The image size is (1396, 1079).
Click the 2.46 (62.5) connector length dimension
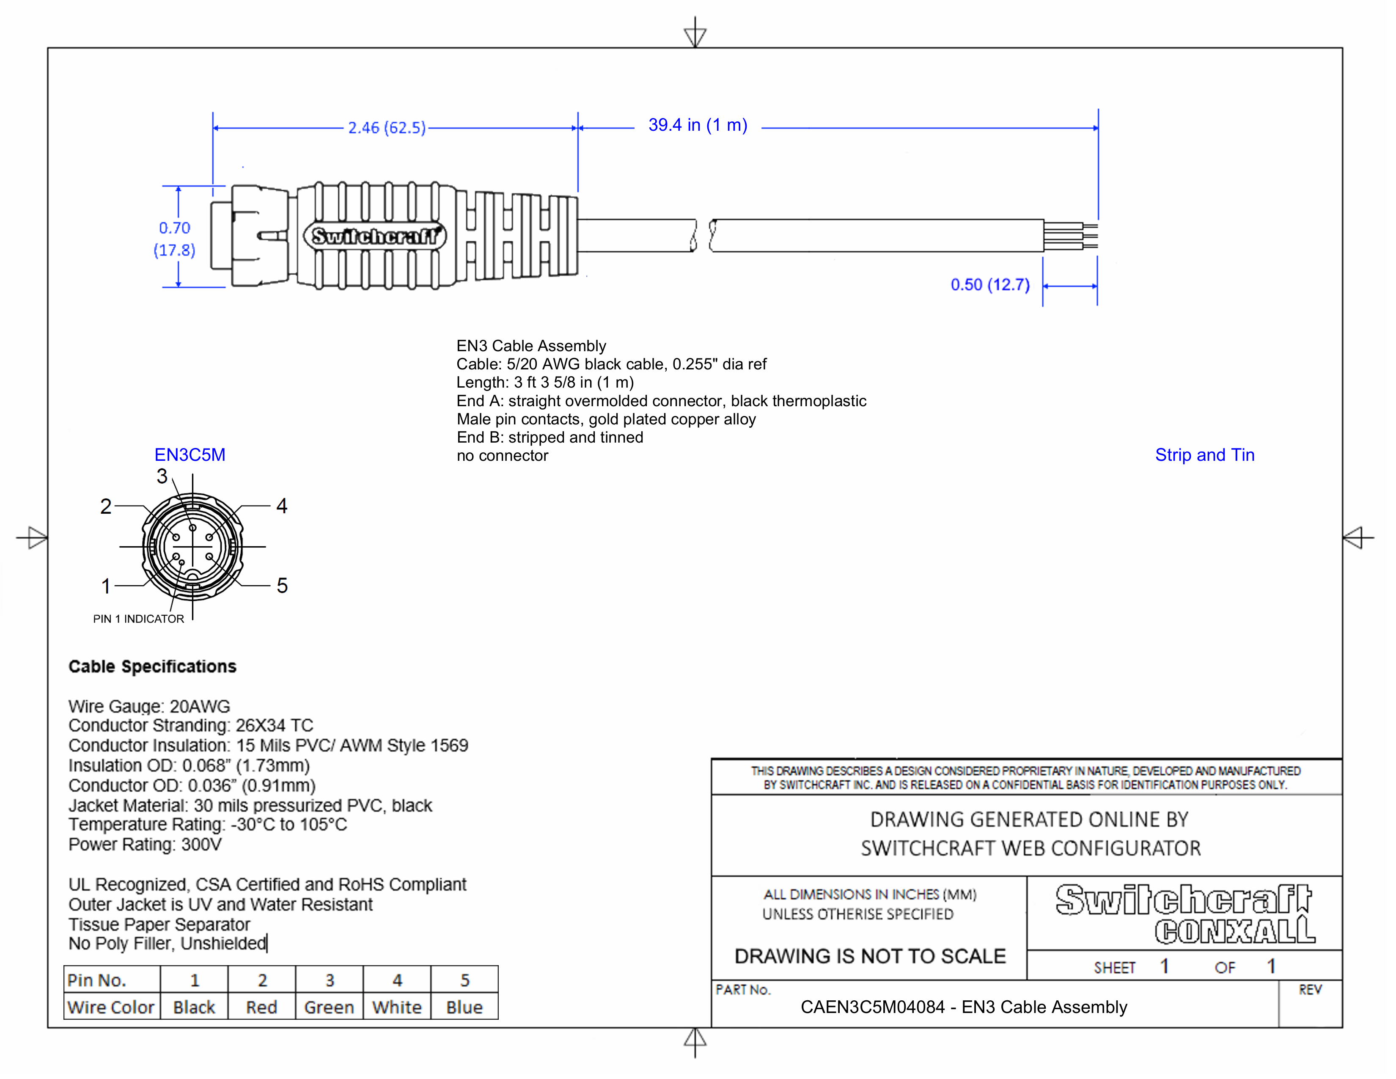387,128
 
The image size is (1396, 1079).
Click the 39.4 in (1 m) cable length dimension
697,125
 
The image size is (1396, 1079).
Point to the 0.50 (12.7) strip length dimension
989,285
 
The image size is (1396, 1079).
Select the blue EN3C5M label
190,455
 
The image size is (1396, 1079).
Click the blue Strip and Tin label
1204,455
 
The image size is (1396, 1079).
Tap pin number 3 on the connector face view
162,476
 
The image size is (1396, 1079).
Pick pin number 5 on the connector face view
282,586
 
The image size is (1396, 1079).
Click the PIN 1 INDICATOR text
139,619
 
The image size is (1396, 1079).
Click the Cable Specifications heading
152,667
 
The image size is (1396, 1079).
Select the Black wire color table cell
194,1007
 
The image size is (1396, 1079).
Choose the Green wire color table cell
329,1007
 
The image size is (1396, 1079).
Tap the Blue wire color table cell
464,1007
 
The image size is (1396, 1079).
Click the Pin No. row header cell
97,980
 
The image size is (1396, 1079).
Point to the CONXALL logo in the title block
1234,931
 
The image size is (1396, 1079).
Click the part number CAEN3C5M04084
872,1007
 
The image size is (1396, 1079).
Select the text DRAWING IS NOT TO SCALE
870,956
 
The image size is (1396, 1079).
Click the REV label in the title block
1310,990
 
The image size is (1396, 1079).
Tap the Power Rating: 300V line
145,845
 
